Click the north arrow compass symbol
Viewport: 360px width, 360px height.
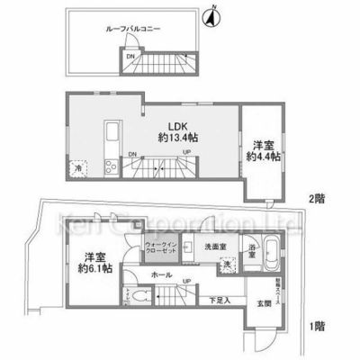click(213, 14)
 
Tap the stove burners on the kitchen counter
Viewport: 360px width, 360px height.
click(112, 165)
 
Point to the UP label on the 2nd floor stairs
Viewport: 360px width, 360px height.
click(187, 154)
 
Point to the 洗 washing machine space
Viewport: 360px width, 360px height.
click(229, 263)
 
